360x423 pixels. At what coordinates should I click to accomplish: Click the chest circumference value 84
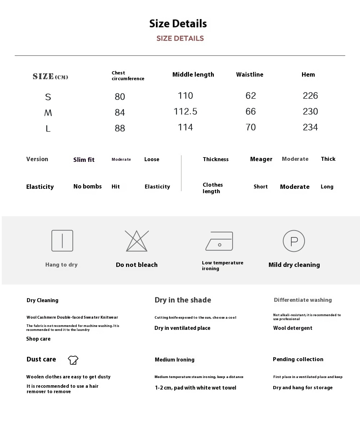(x=120, y=113)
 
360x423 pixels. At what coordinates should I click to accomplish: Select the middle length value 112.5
(x=185, y=112)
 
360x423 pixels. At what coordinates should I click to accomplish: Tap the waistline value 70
(x=251, y=127)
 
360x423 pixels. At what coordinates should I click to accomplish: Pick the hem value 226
(x=310, y=96)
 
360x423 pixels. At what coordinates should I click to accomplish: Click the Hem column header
(x=308, y=74)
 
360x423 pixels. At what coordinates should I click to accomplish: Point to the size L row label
(x=48, y=128)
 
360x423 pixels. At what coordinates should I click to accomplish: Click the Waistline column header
(x=249, y=74)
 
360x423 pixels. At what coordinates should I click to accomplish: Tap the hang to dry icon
(x=62, y=241)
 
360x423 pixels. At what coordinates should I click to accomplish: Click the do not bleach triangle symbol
(x=137, y=241)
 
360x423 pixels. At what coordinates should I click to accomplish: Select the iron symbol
(x=219, y=241)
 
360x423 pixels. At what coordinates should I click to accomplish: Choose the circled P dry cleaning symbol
(x=294, y=241)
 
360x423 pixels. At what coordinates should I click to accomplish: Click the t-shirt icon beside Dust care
(x=73, y=360)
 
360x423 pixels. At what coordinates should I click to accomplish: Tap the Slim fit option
(x=84, y=160)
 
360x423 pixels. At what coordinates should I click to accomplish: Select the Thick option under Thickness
(x=328, y=159)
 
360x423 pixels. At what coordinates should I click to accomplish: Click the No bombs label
(x=87, y=186)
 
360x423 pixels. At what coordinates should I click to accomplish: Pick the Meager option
(x=261, y=159)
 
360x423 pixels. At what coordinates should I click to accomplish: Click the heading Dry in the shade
(x=183, y=300)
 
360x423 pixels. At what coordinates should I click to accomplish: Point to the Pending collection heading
(x=298, y=359)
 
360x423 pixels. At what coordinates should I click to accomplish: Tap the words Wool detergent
(x=293, y=328)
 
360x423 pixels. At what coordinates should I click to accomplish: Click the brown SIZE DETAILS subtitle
(x=180, y=38)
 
